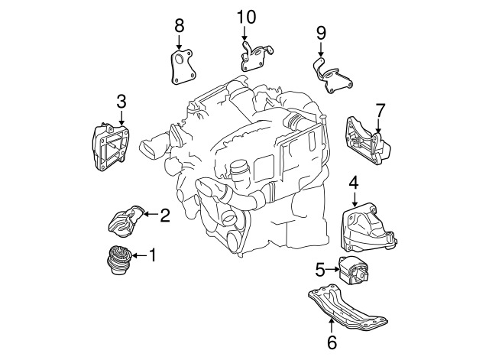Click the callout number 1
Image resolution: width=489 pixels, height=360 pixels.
153,255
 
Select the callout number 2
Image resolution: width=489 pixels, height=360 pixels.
165,216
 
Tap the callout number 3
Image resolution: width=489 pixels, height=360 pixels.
121,102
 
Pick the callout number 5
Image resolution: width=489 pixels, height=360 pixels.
320,270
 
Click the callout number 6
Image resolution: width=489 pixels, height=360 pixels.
332,342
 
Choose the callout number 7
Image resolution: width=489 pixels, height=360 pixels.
381,111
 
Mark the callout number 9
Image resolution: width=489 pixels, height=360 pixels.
321,33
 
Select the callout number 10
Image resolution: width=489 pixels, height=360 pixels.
246,17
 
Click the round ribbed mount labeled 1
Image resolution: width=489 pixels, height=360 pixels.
119,260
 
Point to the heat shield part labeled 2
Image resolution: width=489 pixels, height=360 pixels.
125,220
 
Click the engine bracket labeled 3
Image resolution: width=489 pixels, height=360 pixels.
110,147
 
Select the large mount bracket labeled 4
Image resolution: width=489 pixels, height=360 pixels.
368,228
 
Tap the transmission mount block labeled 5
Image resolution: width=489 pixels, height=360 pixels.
353,270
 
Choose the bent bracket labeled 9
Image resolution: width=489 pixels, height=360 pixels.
332,76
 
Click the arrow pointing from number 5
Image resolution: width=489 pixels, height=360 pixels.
332,269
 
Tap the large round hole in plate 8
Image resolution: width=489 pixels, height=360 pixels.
180,60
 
